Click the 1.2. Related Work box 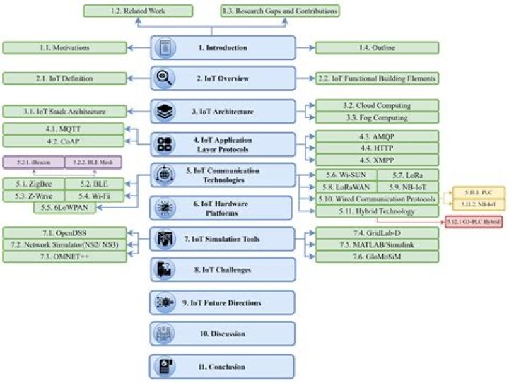pos(139,11)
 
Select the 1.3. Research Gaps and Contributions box pos(279,11)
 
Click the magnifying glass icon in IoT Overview pos(165,78)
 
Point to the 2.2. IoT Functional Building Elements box pos(376,78)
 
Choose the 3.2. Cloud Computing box pos(376,105)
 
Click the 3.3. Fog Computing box pos(376,117)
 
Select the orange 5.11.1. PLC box pos(479,191)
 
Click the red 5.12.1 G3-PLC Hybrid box pos(478,223)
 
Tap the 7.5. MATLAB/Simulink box pos(376,244)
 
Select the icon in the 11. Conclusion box pos(165,366)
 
